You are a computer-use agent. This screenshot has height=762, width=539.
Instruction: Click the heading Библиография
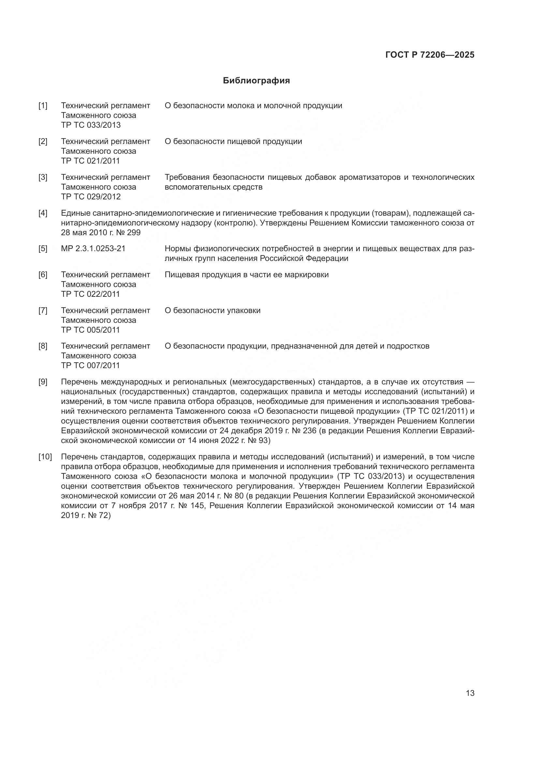[256, 81]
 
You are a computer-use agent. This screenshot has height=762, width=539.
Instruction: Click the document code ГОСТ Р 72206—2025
[430, 55]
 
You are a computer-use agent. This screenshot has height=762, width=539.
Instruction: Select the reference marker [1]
[43, 106]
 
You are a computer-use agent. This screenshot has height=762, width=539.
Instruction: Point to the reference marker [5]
[43, 249]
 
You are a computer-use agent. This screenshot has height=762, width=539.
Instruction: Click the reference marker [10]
[45, 457]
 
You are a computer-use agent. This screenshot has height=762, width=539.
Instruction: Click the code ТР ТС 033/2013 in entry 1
[91, 125]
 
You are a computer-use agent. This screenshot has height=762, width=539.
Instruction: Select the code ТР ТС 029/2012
[91, 197]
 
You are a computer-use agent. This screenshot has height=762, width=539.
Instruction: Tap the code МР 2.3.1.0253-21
[93, 249]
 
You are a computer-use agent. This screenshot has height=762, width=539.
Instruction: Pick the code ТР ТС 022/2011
[90, 294]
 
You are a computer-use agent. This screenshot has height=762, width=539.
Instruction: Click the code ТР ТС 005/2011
[90, 330]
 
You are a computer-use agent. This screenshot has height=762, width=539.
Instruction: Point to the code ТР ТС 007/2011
[90, 366]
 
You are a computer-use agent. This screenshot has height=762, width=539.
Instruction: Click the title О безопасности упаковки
[212, 311]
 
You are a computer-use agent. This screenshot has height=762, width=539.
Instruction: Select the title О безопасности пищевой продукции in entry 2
[233, 142]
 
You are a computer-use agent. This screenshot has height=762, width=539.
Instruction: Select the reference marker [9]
[43, 382]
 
